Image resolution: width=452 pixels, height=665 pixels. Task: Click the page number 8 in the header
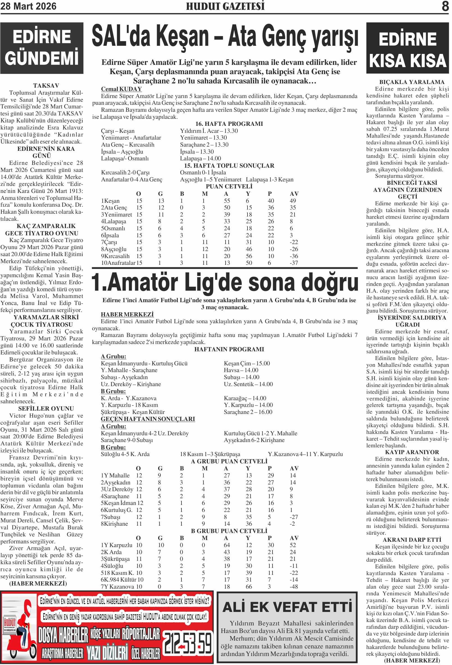click(x=445, y=6)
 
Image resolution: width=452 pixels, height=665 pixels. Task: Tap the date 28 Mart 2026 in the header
click(x=28, y=6)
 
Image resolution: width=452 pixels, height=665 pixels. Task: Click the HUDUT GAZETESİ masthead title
click(x=225, y=6)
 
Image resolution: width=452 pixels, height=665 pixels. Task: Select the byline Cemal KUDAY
click(x=121, y=89)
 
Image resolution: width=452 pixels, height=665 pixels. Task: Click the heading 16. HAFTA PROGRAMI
click(x=229, y=124)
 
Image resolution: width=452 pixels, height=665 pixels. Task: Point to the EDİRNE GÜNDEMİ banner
click(x=42, y=48)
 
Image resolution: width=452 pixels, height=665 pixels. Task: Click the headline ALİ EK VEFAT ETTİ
click(x=287, y=607)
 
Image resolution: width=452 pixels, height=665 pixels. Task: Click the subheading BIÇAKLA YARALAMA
click(x=412, y=82)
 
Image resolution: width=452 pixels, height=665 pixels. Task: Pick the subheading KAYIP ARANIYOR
click(x=412, y=452)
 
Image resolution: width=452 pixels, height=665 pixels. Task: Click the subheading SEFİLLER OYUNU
click(x=46, y=408)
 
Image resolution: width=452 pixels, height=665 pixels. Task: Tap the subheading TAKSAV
click(x=46, y=86)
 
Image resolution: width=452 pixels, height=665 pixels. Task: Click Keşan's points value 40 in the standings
click(x=271, y=201)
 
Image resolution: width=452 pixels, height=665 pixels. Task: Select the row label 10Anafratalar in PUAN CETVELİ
click(x=118, y=263)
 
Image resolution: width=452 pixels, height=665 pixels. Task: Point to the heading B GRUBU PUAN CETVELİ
click(x=229, y=531)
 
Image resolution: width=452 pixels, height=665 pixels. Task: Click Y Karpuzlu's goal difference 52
click(x=292, y=545)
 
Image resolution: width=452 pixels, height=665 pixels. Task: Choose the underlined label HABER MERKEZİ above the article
click(x=127, y=315)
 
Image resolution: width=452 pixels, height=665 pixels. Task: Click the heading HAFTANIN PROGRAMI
click(x=229, y=349)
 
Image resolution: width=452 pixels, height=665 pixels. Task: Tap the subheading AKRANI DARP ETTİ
click(x=412, y=540)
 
